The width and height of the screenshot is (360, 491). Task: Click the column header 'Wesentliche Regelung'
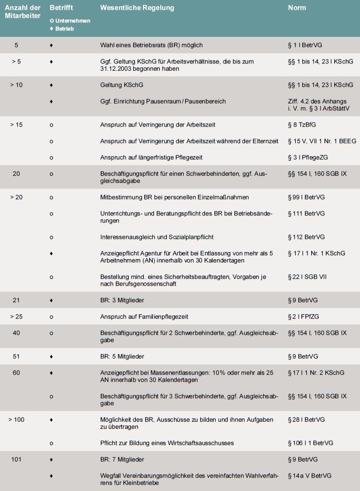pos(137,8)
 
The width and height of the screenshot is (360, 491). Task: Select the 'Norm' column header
pos(297,8)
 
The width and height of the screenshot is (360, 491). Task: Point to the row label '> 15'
pos(16,125)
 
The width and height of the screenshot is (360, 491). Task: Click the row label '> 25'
pos(16,317)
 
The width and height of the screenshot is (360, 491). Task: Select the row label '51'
pos(16,356)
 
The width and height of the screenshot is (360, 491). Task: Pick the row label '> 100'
pos(16,420)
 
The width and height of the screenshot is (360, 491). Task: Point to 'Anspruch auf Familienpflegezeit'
pos(144,317)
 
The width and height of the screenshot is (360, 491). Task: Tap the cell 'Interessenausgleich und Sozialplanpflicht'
pos(154,237)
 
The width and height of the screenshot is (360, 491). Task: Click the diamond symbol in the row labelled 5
pos(51,45)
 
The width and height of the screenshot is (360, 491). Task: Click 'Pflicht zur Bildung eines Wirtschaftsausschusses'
pos(167,443)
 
